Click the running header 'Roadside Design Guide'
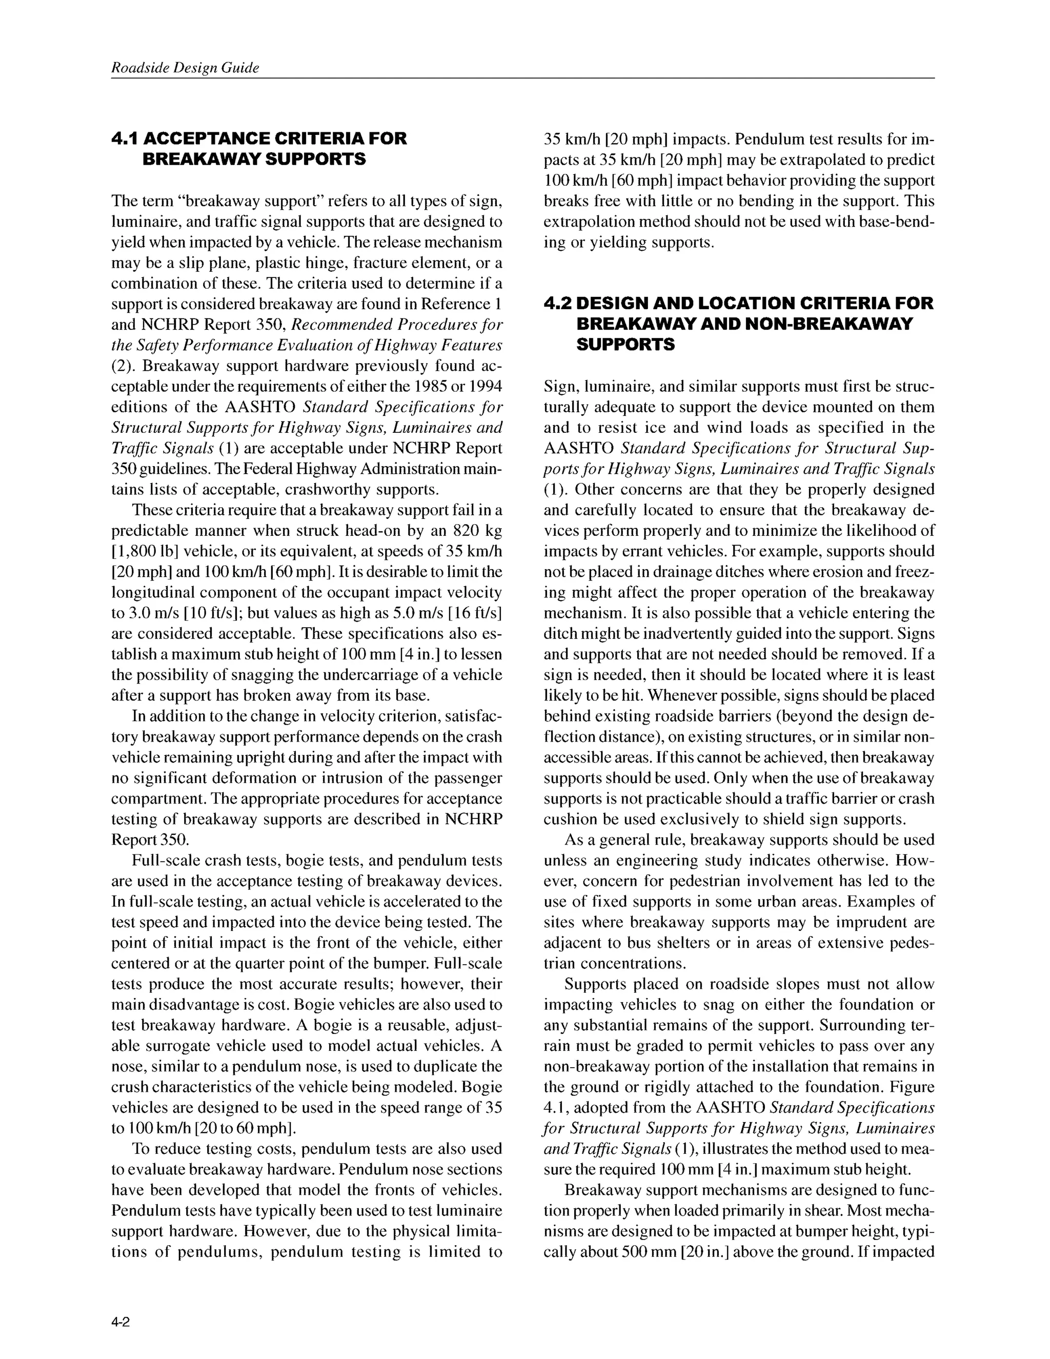coord(185,68)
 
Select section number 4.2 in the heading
coord(557,304)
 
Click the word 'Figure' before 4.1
coord(913,1087)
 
